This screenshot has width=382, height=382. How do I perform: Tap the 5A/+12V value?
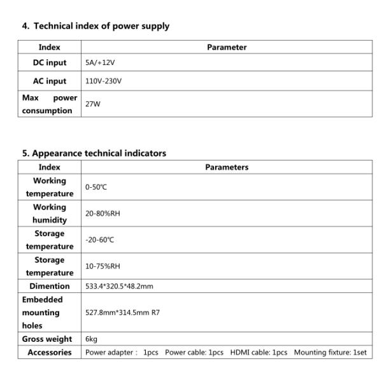pyautogui.click(x=99, y=63)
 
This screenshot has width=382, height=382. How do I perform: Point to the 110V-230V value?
pyautogui.click(x=103, y=81)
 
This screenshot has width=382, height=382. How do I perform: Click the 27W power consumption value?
pyautogui.click(x=92, y=104)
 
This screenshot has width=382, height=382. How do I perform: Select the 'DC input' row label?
pyautogui.click(x=50, y=63)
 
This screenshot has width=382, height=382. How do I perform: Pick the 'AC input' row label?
pyautogui.click(x=50, y=81)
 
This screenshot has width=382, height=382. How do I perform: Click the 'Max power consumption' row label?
pyautogui.click(x=50, y=104)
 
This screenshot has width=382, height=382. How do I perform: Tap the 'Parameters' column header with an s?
pyautogui.click(x=227, y=167)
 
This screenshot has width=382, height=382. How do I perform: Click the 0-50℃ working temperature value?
pyautogui.click(x=97, y=187)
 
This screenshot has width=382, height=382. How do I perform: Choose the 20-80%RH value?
pyautogui.click(x=103, y=213)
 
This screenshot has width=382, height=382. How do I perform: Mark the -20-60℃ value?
pyautogui.click(x=99, y=240)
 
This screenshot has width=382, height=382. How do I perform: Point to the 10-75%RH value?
pyautogui.click(x=103, y=266)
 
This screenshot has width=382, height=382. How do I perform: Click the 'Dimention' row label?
pyautogui.click(x=50, y=286)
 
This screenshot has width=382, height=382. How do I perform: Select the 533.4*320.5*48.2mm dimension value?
pyautogui.click(x=119, y=286)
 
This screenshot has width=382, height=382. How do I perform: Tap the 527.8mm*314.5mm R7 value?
pyautogui.click(x=122, y=313)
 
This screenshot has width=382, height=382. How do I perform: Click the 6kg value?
pyautogui.click(x=91, y=339)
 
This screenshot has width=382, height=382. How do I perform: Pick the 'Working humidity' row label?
pyautogui.click(x=50, y=213)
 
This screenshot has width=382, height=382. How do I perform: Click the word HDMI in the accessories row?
pyautogui.click(x=241, y=352)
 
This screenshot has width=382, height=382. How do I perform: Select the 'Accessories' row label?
pyautogui.click(x=50, y=352)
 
